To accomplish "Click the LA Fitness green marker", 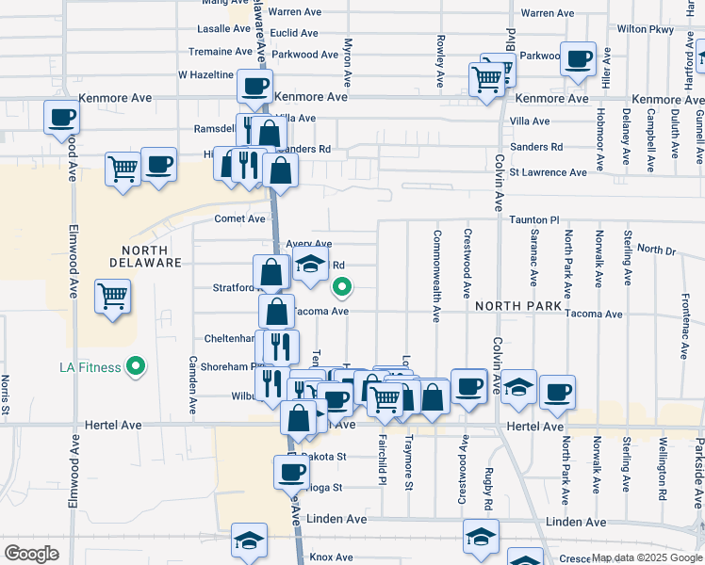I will point(136,366).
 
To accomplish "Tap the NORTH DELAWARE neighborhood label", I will point(144,256).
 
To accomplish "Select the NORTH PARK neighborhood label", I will point(518,307).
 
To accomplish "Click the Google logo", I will point(31,554).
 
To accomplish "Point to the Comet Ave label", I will point(240,219).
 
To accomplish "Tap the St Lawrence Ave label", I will point(548,172).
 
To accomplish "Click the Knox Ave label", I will point(331,557).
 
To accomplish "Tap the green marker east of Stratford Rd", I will point(342,288).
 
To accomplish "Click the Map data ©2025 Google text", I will point(647,557).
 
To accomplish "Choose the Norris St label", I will point(7,395).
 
